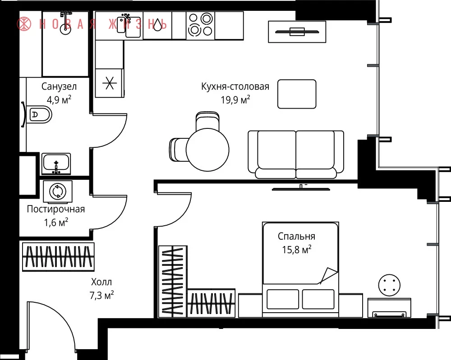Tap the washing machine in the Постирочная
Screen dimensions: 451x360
pos(58,191)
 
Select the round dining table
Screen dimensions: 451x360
pos(207,150)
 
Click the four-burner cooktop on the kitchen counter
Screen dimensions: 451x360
pos(200,25)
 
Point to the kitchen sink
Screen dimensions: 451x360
pos(129,25)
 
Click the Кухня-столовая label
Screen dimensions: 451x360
pos(235,87)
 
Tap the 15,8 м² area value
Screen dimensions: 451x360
pos(297,249)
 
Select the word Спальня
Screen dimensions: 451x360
pos(296,236)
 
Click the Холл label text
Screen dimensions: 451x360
pos(101,282)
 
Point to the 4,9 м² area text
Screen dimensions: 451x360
pos(59,100)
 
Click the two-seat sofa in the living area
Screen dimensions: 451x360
pos(296,155)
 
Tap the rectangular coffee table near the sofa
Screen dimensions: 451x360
pos(297,94)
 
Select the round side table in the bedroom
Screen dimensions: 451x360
pos(389,285)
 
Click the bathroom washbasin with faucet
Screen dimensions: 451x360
pos(56,164)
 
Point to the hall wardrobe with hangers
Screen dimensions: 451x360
pos(58,256)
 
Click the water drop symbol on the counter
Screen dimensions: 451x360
pos(157,25)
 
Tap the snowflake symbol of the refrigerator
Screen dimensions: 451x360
pos(110,83)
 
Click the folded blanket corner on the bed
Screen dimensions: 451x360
pos(328,275)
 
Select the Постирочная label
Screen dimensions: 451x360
pos(56,209)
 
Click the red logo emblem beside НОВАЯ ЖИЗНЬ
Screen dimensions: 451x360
pos(24,24)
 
